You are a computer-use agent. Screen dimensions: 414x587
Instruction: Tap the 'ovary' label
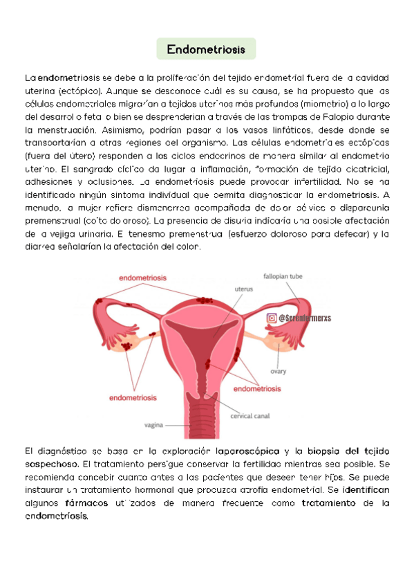tap(278, 371)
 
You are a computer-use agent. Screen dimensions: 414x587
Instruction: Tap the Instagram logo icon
tap(272, 318)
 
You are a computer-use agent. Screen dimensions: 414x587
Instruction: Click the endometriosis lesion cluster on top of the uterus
tap(205, 300)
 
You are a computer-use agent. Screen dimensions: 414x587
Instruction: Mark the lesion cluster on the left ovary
tap(126, 344)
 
